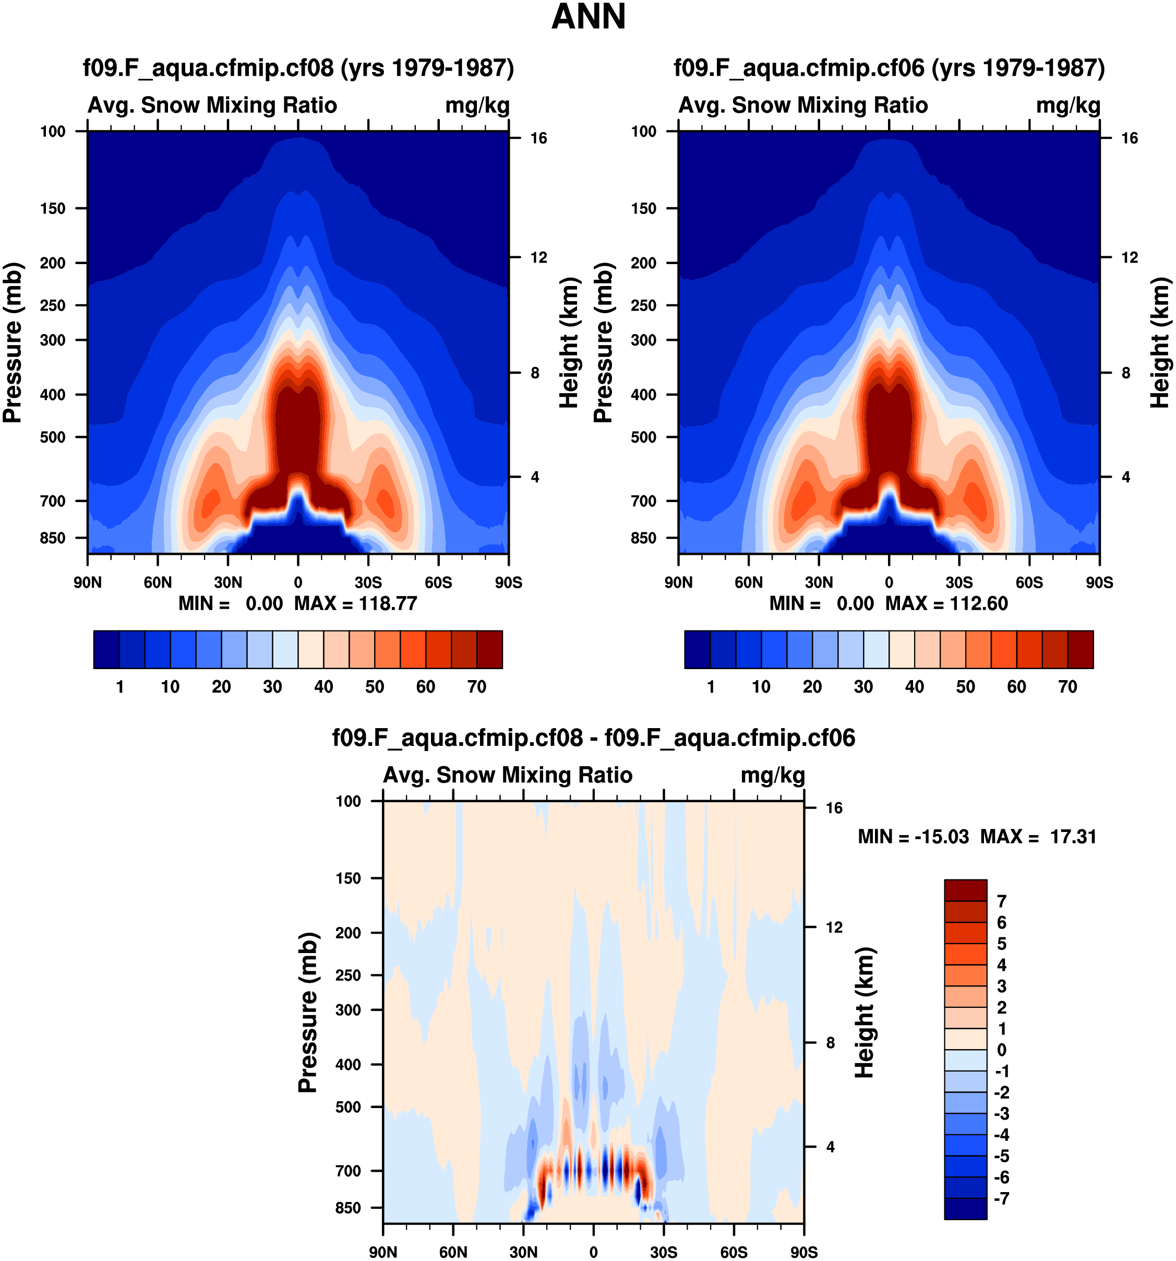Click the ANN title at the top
(589, 17)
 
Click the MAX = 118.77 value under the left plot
(355, 603)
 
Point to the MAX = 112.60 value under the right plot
(946, 603)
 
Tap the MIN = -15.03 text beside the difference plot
(913, 837)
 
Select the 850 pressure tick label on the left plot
(53, 538)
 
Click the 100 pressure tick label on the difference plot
(348, 801)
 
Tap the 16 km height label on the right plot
(1129, 138)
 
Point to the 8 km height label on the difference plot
(830, 1043)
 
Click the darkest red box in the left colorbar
(489, 649)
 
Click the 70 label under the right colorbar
(1067, 686)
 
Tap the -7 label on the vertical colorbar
(1002, 1198)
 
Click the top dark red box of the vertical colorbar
(965, 890)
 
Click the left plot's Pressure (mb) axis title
(13, 342)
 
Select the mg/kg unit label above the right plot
(1067, 105)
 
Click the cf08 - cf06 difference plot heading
(593, 737)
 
